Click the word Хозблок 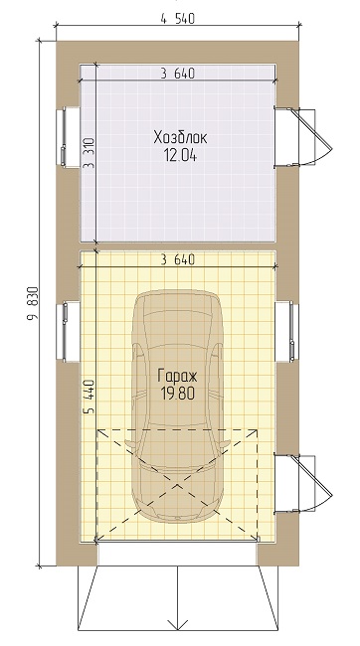coord(177,137)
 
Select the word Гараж coord(177,376)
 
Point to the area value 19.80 coord(177,393)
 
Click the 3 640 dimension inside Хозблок coord(177,73)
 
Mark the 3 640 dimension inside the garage coord(177,259)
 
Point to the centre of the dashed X coord(179,484)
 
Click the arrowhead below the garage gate coord(177,623)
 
